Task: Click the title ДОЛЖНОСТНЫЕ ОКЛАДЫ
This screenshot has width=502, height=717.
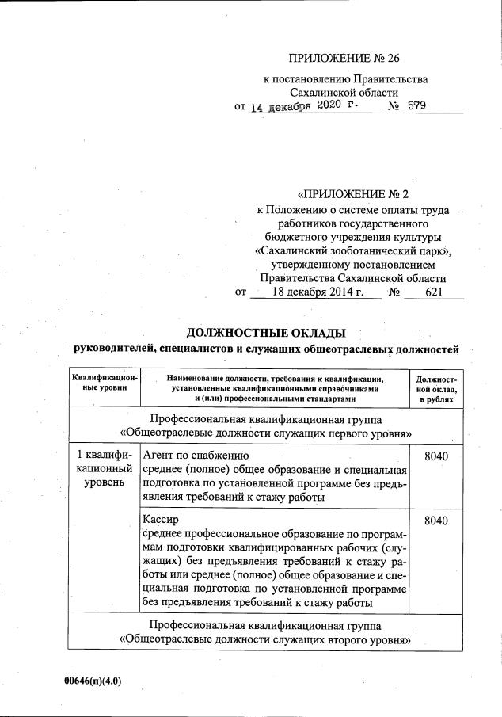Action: [266, 332]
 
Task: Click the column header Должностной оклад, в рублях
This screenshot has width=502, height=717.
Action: [436, 389]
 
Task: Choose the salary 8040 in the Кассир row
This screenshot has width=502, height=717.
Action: [436, 521]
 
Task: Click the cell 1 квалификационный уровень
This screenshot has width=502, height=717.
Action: [105, 469]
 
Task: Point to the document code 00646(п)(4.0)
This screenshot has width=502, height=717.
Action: [93, 681]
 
